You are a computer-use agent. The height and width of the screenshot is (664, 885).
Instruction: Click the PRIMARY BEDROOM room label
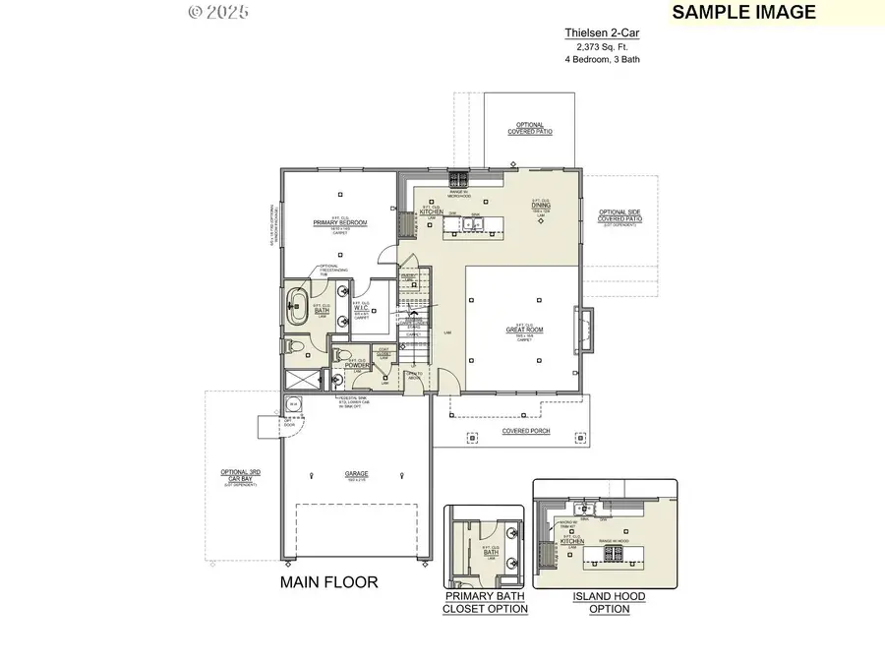340,223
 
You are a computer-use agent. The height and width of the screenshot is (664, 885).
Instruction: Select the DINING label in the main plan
540,206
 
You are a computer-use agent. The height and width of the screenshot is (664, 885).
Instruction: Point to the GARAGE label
356,474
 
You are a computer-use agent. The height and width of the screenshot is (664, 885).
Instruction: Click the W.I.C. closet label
360,307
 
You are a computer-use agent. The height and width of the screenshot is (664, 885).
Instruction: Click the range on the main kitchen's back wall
459,179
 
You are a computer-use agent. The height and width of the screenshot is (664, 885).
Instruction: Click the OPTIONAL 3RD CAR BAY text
240,476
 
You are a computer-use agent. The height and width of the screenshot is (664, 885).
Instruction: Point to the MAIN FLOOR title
328,582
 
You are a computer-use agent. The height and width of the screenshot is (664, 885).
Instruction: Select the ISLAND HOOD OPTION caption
603,602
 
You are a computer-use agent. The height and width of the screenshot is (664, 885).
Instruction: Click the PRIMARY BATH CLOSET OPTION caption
487,602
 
